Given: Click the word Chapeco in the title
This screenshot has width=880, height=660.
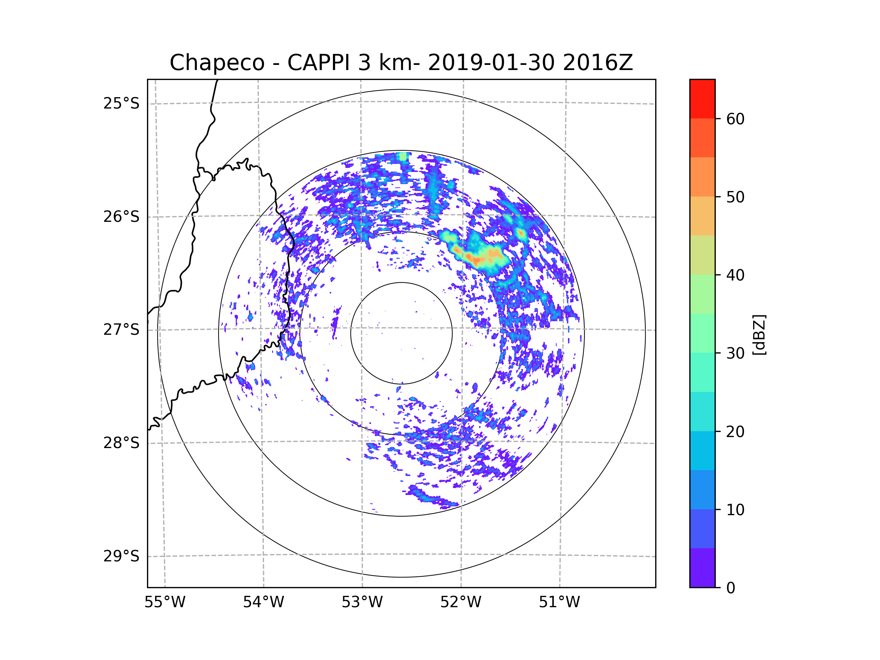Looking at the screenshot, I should (217, 63).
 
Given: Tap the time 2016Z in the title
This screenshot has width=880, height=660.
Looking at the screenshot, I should (598, 63).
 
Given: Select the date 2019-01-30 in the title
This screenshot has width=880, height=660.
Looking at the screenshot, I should (491, 63).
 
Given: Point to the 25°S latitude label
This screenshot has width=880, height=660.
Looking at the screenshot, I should (121, 103).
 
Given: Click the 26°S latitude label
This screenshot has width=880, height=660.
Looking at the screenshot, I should (121, 217).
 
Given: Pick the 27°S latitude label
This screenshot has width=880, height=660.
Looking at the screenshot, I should (121, 330).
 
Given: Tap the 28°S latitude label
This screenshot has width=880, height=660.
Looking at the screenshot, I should (121, 443).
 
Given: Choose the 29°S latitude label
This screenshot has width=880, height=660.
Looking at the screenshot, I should (121, 556).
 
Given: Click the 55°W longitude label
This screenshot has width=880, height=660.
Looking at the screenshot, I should (165, 602).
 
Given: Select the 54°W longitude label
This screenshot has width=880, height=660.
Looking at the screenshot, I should (263, 602).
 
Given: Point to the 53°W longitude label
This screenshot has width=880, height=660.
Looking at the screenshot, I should (362, 602).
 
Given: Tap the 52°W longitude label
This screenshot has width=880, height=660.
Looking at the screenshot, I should (461, 602).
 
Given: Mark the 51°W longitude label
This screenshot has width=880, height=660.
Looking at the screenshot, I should (559, 602).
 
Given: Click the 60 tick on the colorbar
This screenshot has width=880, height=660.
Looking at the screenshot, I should (735, 119).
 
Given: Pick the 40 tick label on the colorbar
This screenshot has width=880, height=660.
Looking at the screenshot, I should (735, 275).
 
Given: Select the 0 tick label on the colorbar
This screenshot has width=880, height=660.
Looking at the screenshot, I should (731, 588).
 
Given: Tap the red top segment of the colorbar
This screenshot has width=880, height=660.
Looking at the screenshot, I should (702, 99).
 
